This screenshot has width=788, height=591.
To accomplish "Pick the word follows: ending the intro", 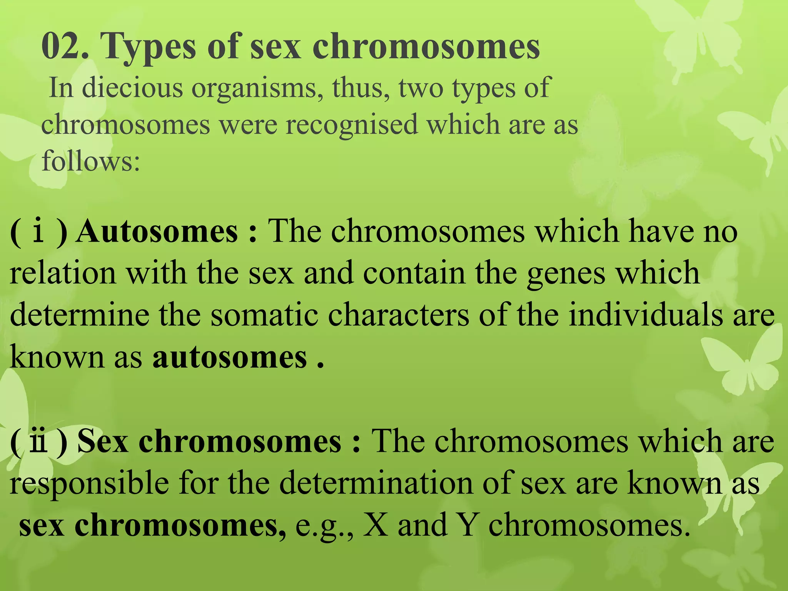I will tap(90, 161).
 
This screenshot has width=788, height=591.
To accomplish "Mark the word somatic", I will tap(264, 315).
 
